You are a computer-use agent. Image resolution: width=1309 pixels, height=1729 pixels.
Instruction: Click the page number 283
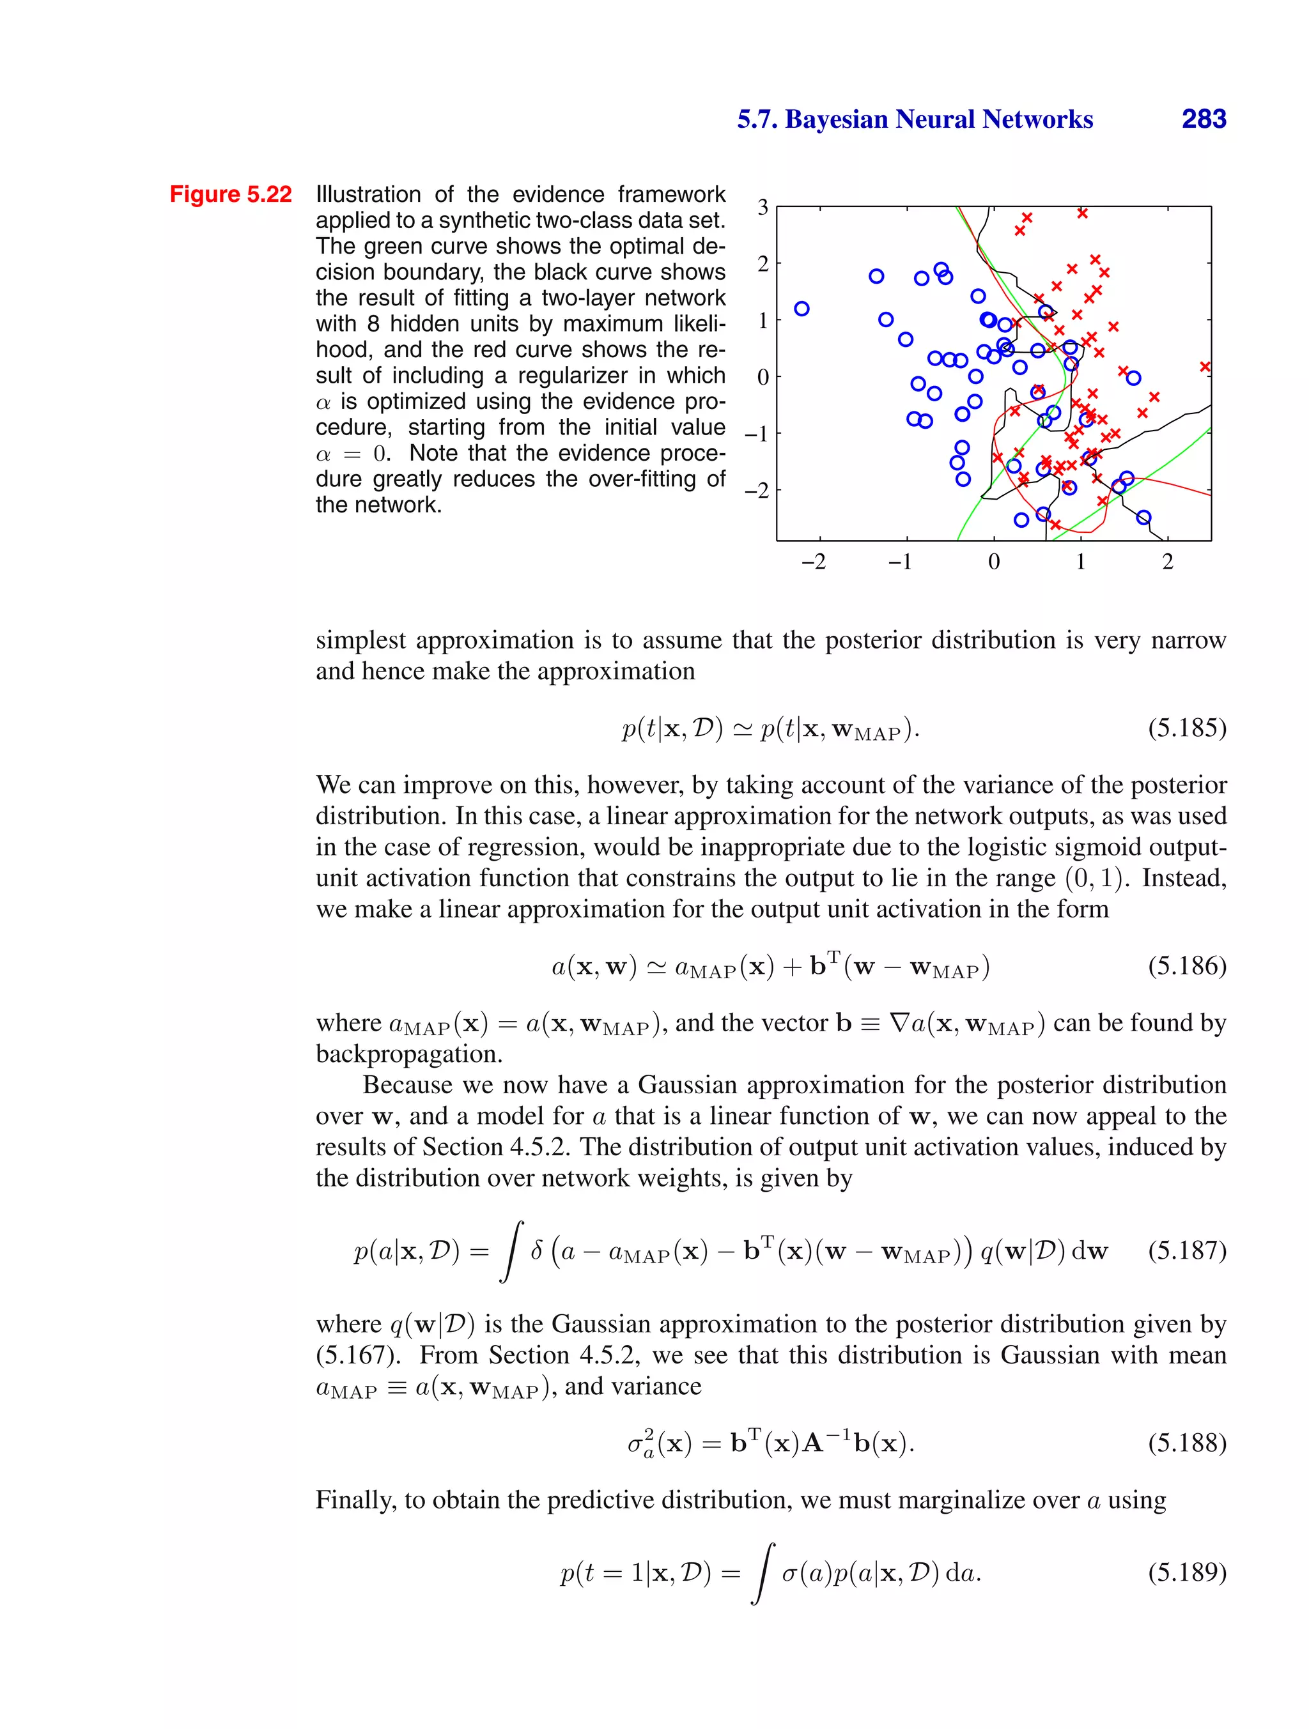point(1204,119)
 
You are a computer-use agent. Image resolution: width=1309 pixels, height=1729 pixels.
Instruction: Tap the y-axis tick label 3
point(763,208)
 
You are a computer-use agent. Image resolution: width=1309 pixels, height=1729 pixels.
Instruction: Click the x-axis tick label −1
point(901,562)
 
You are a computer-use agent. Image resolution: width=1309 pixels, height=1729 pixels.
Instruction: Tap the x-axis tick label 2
point(1168,562)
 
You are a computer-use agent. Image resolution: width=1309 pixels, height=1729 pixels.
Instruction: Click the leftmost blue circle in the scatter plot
point(802,309)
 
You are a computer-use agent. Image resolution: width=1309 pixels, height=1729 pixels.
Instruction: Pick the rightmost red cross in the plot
point(1205,367)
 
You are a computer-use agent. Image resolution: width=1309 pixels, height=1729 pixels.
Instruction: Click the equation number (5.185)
point(1187,728)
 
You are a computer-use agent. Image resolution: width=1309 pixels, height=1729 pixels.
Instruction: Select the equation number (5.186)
point(1187,966)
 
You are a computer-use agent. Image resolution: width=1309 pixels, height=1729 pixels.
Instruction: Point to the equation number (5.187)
point(1187,1250)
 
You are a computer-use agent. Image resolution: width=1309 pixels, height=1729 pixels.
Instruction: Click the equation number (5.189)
point(1187,1571)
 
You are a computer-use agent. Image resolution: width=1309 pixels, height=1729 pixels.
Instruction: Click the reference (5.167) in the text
point(356,1355)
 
